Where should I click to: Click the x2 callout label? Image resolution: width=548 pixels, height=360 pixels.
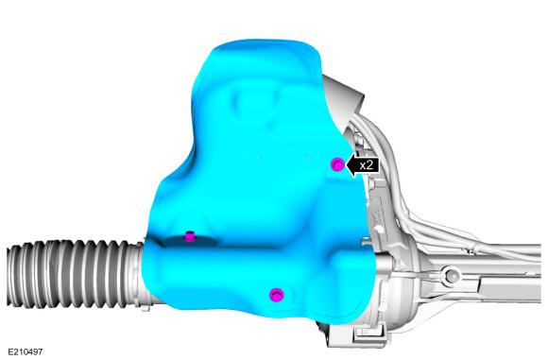(x=367, y=165)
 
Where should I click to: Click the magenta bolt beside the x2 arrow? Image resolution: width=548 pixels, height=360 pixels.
(x=337, y=163)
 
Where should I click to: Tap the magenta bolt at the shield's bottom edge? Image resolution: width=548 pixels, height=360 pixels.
(x=277, y=295)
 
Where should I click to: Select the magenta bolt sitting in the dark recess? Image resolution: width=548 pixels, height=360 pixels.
(x=189, y=236)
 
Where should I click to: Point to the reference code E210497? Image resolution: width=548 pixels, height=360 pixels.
(x=25, y=351)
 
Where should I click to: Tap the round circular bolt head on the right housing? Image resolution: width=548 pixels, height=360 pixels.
(x=452, y=275)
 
